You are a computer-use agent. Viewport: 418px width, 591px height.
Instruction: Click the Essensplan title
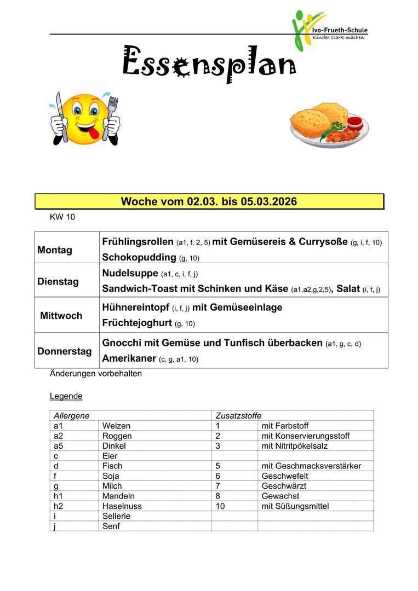208,65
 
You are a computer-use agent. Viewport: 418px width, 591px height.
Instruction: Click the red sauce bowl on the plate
354,121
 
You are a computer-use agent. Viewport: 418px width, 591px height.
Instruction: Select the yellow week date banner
209,201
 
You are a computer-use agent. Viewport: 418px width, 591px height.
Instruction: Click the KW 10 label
62,217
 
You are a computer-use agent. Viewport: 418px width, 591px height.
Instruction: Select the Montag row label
55,250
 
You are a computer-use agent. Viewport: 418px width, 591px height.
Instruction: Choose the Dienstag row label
58,282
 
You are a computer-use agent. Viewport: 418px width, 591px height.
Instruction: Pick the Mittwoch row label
61,316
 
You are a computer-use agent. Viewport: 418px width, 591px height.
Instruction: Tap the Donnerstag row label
65,351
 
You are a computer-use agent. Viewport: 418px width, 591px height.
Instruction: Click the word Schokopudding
139,257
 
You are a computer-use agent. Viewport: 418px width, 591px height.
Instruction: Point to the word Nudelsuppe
130,273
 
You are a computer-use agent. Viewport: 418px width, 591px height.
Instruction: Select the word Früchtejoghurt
137,323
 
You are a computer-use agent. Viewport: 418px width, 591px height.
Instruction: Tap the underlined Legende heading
66,396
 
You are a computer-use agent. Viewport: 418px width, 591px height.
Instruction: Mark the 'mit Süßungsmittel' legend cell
295,506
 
